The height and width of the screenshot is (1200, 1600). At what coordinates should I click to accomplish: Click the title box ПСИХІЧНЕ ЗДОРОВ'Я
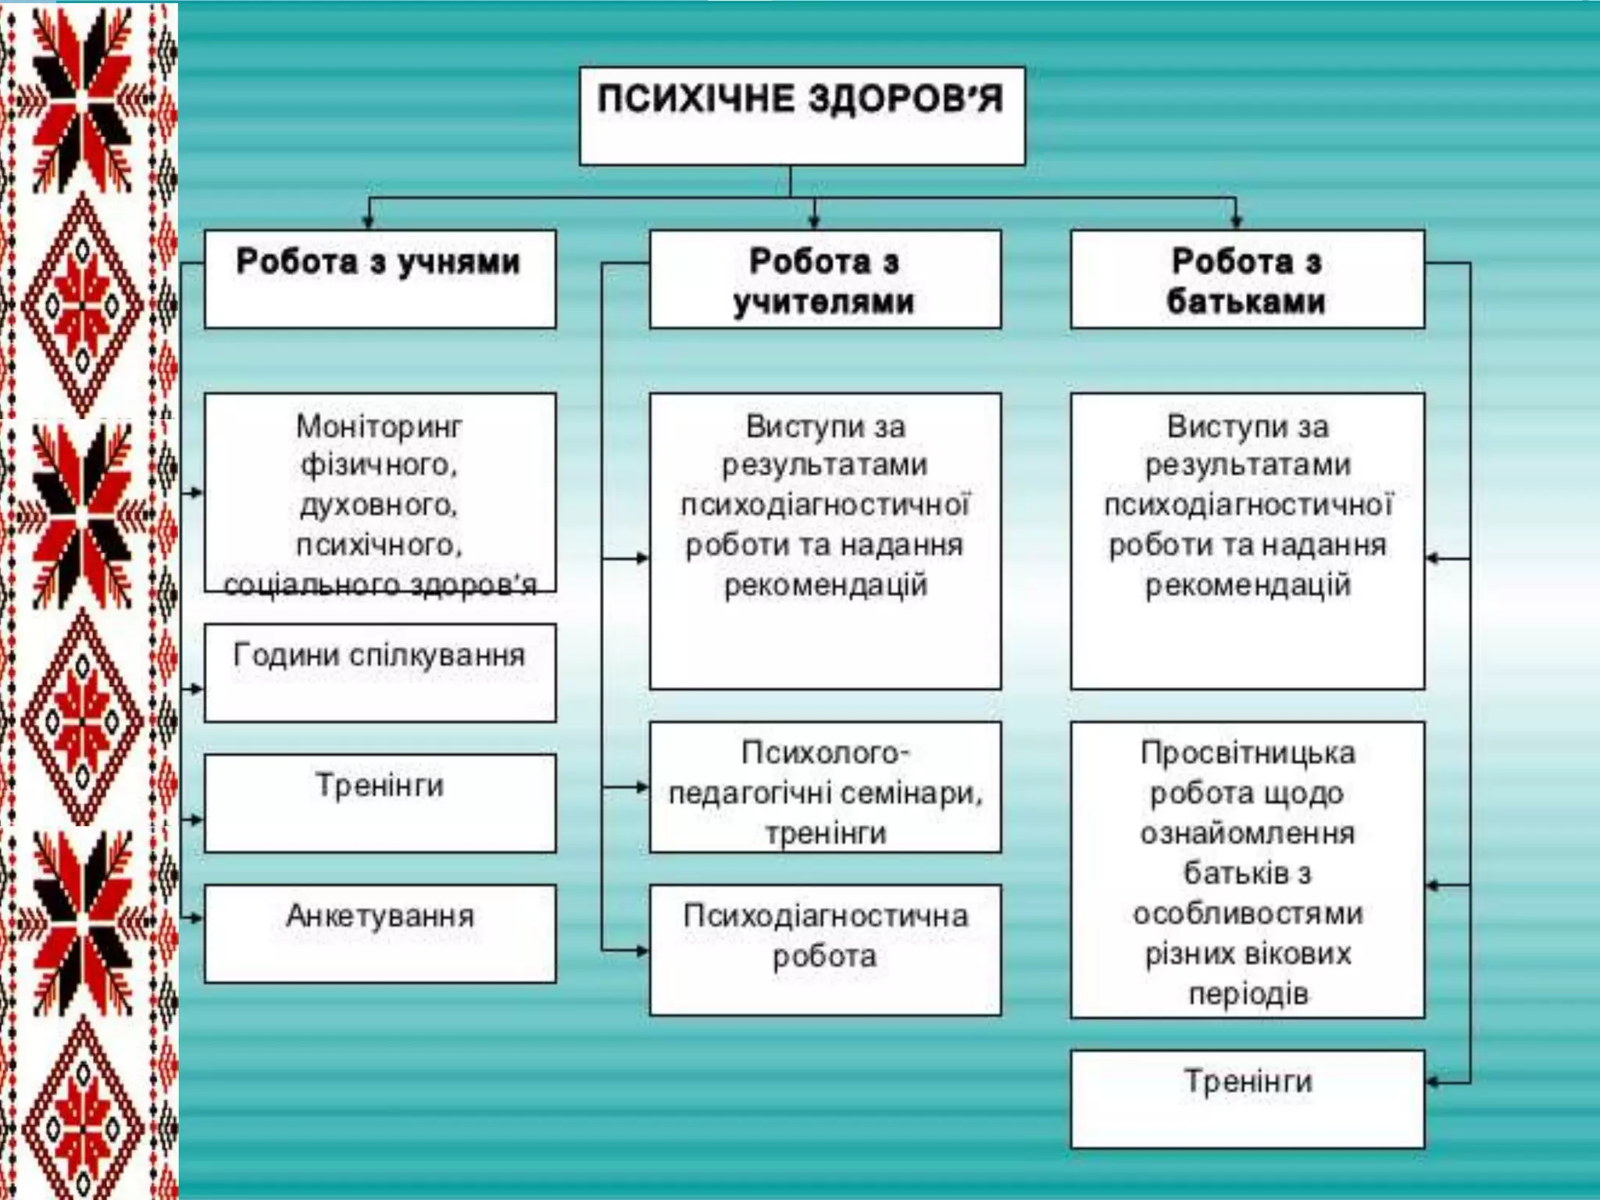click(x=802, y=116)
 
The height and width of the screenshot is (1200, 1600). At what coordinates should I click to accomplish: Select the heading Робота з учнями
click(x=380, y=279)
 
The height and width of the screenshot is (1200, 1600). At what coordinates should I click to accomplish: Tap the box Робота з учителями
click(x=825, y=279)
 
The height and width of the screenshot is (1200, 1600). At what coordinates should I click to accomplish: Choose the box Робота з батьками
click(x=1247, y=279)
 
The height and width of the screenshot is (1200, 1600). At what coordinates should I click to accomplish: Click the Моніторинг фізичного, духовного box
click(x=380, y=492)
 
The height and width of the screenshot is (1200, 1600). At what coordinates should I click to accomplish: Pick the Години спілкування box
click(x=380, y=673)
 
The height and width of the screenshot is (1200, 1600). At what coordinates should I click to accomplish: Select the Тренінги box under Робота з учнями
click(x=380, y=803)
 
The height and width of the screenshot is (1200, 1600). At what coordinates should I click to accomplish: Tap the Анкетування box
click(x=380, y=934)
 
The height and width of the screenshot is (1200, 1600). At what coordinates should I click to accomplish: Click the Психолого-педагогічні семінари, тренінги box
click(x=825, y=787)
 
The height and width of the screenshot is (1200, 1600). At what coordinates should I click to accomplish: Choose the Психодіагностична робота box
click(x=825, y=950)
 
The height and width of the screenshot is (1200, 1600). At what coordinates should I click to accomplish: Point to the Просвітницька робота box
click(x=1247, y=870)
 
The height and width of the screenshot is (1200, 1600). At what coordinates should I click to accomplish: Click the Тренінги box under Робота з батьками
click(x=1247, y=1098)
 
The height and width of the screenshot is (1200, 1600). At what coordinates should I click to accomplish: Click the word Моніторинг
click(x=379, y=427)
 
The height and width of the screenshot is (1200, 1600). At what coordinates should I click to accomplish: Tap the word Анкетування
click(x=380, y=916)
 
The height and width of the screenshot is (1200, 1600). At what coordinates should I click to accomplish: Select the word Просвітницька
click(x=1247, y=753)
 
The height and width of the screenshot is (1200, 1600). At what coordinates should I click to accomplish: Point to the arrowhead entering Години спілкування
click(x=197, y=689)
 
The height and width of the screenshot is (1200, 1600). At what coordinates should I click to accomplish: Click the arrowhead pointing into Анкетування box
click(x=197, y=918)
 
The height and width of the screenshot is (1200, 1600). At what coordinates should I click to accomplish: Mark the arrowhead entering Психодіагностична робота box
click(x=642, y=951)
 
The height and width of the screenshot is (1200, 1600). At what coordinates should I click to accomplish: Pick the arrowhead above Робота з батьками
click(x=1235, y=223)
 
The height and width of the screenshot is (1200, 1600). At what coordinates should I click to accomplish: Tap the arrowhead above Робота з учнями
click(x=370, y=223)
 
